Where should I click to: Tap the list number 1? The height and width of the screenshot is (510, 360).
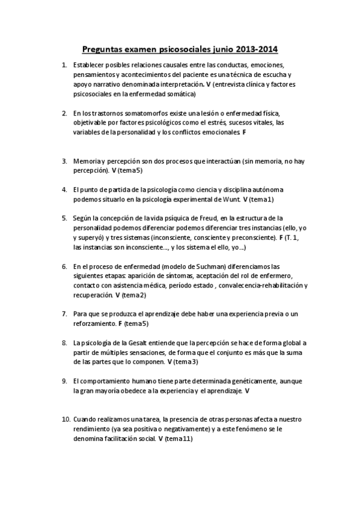click(x=64, y=65)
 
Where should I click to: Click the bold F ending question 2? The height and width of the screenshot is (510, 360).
click(x=244, y=132)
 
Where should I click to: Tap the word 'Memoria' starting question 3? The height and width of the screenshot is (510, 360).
click(x=86, y=161)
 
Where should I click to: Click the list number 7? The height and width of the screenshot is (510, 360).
click(x=64, y=314)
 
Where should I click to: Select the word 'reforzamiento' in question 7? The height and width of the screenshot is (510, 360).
click(x=94, y=324)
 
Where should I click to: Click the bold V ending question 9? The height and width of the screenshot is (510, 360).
click(x=247, y=391)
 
